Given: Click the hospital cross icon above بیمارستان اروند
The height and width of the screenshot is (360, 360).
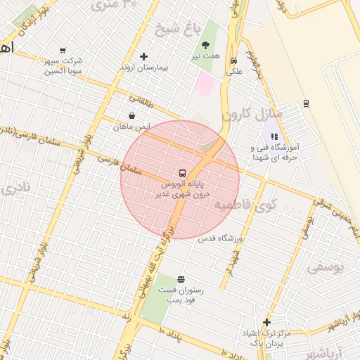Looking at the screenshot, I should pyautogui.click(x=144, y=56).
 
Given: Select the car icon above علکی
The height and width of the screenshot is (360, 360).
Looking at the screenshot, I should pyautogui.click(x=233, y=60).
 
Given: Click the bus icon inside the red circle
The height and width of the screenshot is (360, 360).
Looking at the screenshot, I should pyautogui.click(x=181, y=172).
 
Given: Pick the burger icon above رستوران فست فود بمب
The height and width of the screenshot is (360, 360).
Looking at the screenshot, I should pyautogui.click(x=181, y=279).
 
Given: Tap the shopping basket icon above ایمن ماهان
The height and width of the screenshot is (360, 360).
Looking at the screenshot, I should pyautogui.click(x=131, y=116).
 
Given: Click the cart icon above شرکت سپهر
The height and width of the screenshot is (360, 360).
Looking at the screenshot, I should pyautogui.click(x=63, y=50).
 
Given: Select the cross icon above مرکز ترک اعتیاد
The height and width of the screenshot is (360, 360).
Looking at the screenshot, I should pyautogui.click(x=266, y=322).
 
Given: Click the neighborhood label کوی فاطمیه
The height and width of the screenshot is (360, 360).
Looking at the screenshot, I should pyautogui.click(x=247, y=205).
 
